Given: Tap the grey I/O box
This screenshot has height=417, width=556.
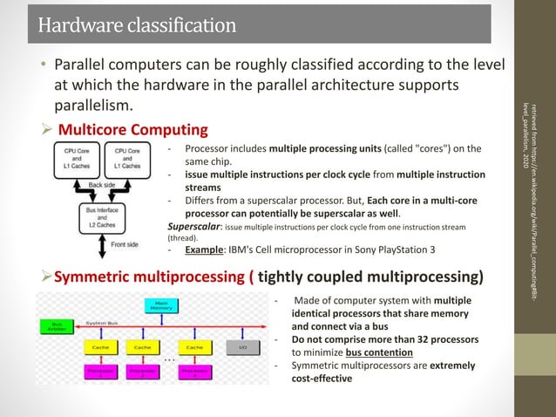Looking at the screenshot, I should tap(243, 346).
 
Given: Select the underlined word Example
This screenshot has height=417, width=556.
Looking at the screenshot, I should tap(204, 250).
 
